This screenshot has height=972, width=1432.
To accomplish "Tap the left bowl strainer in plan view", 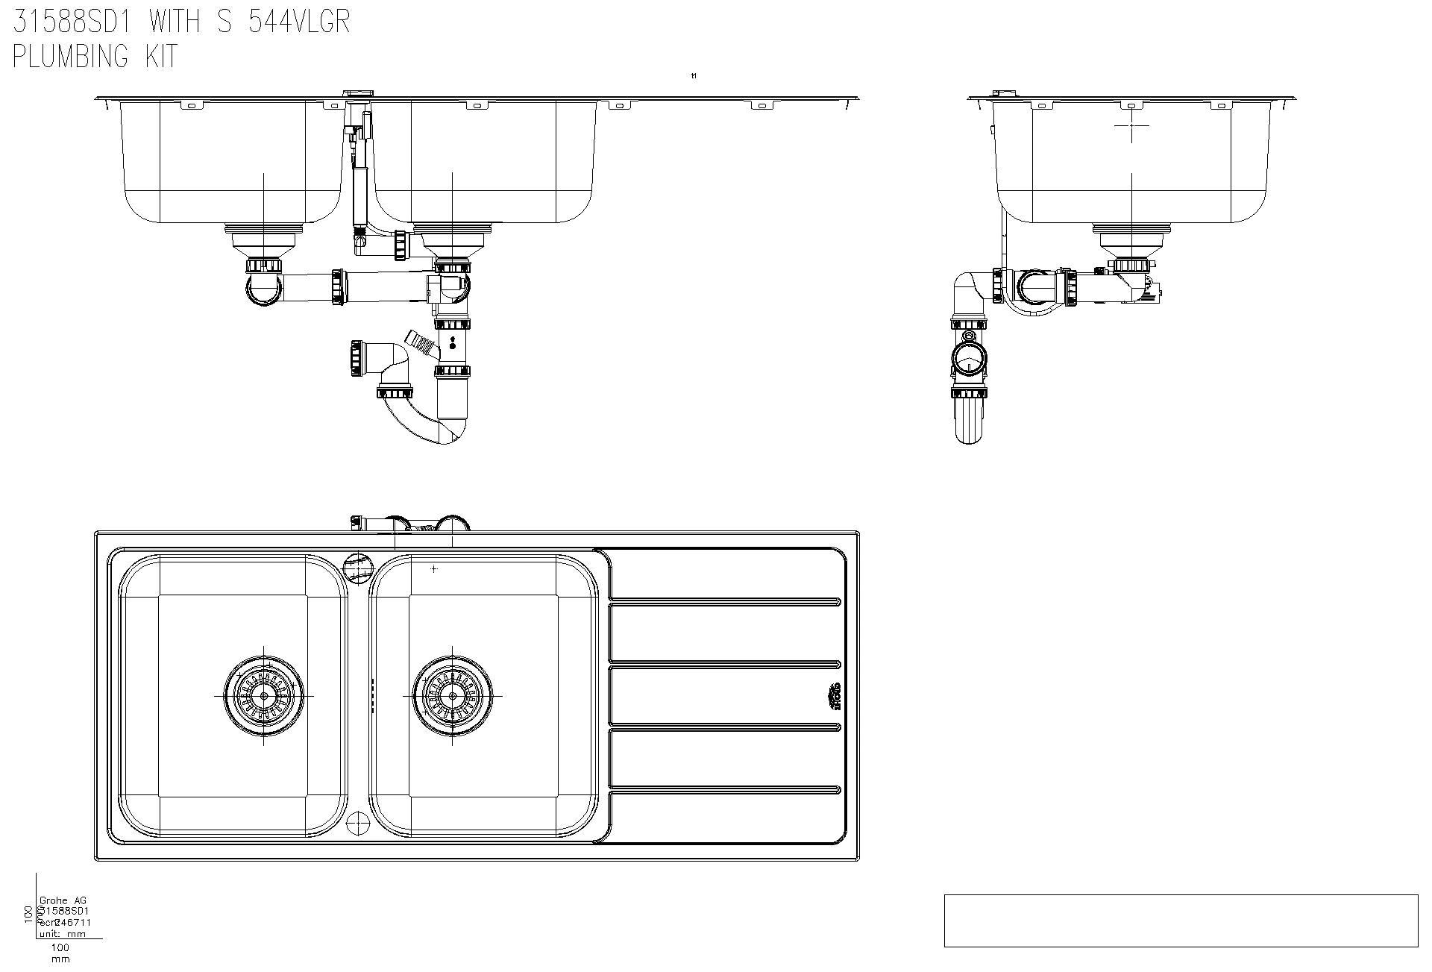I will point(264,694).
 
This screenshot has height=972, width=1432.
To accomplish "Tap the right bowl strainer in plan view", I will point(453,694).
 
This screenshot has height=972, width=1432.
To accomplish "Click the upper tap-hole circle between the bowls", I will point(359,568).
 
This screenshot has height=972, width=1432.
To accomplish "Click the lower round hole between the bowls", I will point(359,823).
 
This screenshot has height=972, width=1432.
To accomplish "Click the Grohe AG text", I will point(63,900).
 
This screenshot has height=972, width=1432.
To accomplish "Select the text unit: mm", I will point(63,933).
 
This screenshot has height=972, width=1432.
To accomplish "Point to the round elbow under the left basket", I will point(264,289).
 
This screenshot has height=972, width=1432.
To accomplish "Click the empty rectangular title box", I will point(1181,921).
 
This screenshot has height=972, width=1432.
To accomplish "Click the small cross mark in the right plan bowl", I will point(434,568).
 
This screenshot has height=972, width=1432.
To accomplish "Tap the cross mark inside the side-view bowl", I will point(1131,126).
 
